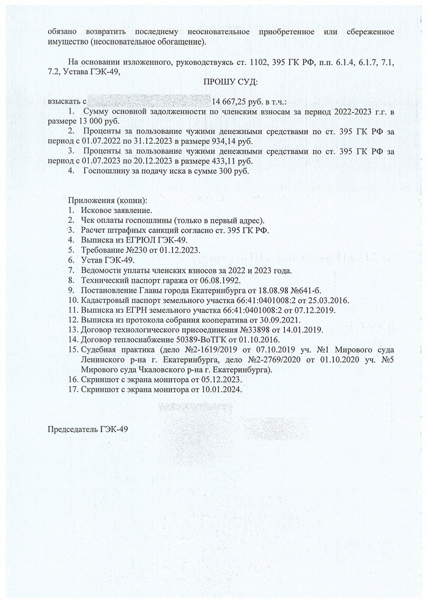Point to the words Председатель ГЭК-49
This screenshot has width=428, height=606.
(88, 429)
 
